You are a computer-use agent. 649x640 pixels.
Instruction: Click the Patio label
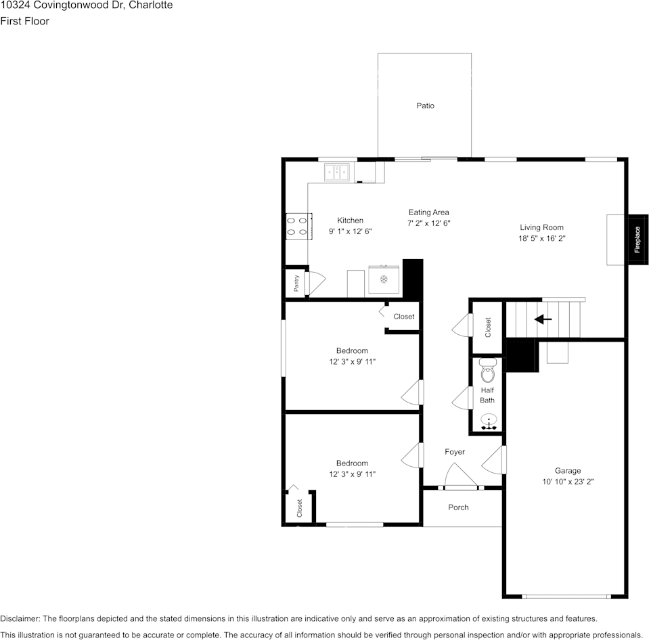(x=425, y=106)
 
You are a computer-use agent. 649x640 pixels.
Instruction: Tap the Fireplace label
(x=637, y=239)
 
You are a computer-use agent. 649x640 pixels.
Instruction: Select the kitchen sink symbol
(x=337, y=173)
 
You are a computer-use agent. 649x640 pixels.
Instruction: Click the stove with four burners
(x=298, y=226)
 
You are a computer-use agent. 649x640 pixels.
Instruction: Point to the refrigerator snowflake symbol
(x=383, y=279)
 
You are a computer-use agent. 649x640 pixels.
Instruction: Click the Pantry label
(x=296, y=283)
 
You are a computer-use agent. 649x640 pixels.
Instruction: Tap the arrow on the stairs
(x=543, y=319)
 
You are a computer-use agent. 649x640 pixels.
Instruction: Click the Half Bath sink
(x=488, y=423)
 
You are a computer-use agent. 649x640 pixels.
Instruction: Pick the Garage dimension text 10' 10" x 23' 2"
(x=568, y=482)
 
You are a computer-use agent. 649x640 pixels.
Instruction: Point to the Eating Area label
(x=428, y=212)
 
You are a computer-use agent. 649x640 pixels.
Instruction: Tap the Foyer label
(x=455, y=452)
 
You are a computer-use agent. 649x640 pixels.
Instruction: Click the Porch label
(x=458, y=507)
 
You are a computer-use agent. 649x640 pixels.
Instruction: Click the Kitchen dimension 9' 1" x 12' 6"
(x=350, y=231)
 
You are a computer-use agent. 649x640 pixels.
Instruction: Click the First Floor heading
(x=24, y=21)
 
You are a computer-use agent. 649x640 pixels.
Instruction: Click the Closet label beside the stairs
(x=488, y=327)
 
